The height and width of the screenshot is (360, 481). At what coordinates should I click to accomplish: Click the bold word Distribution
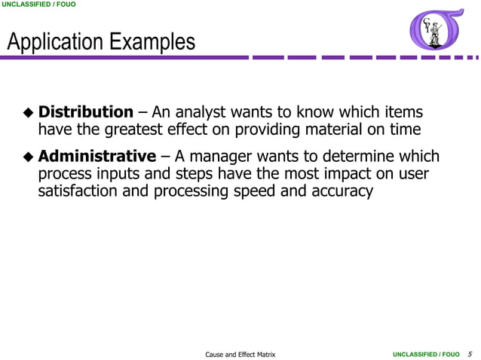(x=85, y=113)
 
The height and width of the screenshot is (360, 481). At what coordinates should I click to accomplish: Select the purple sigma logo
(x=436, y=31)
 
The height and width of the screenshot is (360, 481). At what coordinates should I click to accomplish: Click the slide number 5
(x=470, y=353)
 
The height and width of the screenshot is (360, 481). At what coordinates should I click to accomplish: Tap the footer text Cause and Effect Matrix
(x=240, y=353)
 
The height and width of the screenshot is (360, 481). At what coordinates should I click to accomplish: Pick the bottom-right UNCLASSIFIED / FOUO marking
(x=426, y=353)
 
